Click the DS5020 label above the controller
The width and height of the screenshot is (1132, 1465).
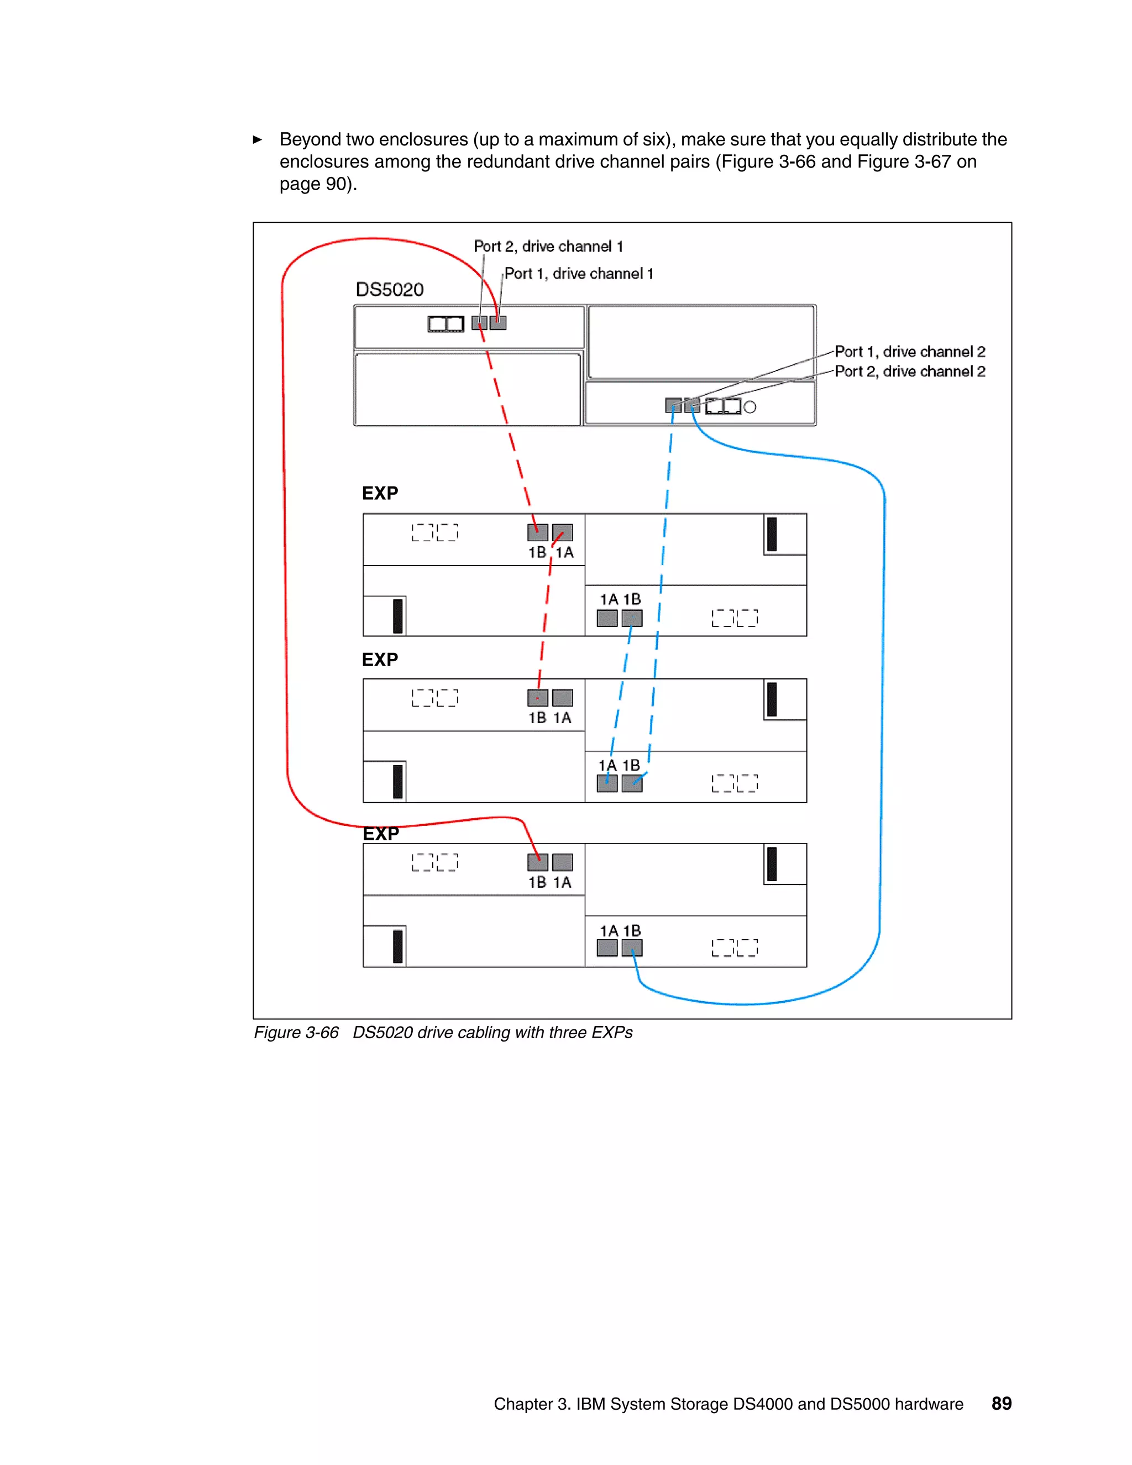pyautogui.click(x=389, y=289)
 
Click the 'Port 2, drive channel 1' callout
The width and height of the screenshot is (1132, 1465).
pyautogui.click(x=548, y=247)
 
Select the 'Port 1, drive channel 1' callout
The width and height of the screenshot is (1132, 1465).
pyautogui.click(x=578, y=274)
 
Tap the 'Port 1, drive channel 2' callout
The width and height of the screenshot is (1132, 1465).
pyautogui.click(x=909, y=352)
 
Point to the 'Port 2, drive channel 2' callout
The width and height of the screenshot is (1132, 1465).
pyautogui.click(x=909, y=372)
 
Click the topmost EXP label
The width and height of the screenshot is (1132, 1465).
pyautogui.click(x=380, y=493)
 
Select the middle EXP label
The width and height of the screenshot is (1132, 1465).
pyautogui.click(x=380, y=660)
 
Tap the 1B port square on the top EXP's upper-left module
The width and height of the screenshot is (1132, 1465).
pyautogui.click(x=537, y=532)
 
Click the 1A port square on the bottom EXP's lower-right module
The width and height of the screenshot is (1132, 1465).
pyautogui.click(x=607, y=948)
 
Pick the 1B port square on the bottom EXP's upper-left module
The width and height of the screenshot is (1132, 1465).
pyautogui.click(x=537, y=862)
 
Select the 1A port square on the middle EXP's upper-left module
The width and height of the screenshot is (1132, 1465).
pyautogui.click(x=563, y=698)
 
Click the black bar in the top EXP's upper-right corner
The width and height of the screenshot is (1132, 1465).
pyautogui.click(x=772, y=534)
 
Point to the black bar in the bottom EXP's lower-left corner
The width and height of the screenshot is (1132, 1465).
pyautogui.click(x=397, y=946)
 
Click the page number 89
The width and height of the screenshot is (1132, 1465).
pyautogui.click(x=1001, y=1403)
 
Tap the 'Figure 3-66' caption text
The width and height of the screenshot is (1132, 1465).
pyautogui.click(x=296, y=1032)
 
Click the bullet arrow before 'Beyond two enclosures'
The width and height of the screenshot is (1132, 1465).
pyautogui.click(x=258, y=139)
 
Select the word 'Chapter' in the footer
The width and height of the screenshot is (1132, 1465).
pyautogui.click(x=522, y=1404)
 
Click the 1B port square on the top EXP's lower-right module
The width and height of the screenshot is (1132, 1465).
pyautogui.click(x=632, y=618)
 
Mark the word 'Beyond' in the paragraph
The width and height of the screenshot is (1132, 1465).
pyautogui.click(x=308, y=139)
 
